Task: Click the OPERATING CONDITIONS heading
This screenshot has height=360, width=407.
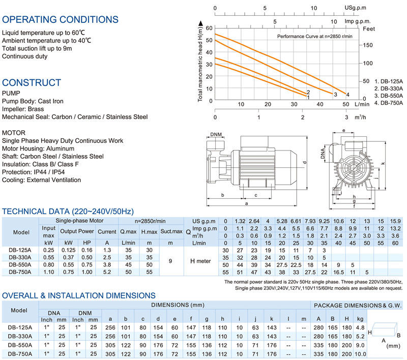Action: click(x=60, y=20)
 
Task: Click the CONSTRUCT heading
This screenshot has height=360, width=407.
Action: click(x=32, y=82)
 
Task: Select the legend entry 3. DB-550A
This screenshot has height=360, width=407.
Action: click(x=388, y=95)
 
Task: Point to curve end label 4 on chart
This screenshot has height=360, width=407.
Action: click(x=347, y=94)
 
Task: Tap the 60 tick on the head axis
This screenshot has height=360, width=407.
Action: click(x=209, y=27)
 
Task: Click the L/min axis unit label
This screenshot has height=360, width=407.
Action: click(x=362, y=104)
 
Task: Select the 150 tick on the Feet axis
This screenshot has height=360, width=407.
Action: click(x=367, y=45)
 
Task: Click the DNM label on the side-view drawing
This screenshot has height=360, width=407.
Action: click(x=215, y=135)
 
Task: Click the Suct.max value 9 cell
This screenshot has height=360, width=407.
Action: click(x=170, y=261)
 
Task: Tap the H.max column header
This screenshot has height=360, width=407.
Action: click(x=149, y=231)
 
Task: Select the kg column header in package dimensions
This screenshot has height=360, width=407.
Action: click(x=361, y=319)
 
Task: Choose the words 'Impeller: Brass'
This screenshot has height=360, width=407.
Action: click(x=23, y=109)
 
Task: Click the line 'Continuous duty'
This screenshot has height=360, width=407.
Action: click(x=25, y=56)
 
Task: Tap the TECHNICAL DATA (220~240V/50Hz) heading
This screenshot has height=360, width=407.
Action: click(x=68, y=211)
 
